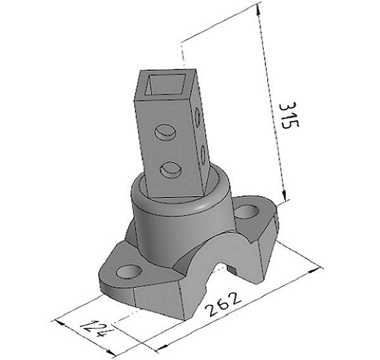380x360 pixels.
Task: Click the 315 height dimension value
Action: coord(289,115)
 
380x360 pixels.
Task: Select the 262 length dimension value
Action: coord(223,304)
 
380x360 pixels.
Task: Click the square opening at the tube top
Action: coord(167,85)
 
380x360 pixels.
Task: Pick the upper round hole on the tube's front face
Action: coord(165,132)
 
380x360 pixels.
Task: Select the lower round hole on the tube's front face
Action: coord(171,170)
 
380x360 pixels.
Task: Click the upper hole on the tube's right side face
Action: coord(198,118)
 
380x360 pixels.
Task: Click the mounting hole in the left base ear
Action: coord(129,271)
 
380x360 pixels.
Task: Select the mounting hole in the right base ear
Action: coord(246,211)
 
